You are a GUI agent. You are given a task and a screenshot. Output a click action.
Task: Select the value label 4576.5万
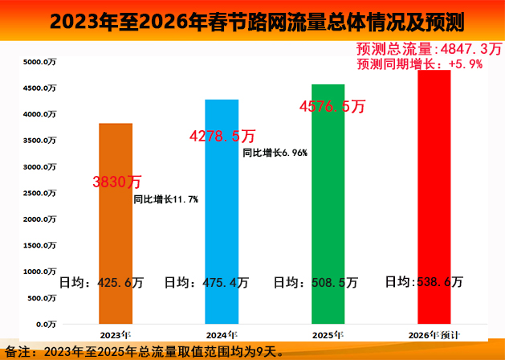click(x=332, y=106)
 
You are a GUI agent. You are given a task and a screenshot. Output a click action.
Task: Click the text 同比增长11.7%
click(x=165, y=198)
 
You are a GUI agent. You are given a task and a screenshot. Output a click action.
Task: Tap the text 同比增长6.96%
click(x=275, y=152)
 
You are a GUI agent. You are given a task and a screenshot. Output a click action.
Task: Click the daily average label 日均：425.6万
click(x=101, y=282)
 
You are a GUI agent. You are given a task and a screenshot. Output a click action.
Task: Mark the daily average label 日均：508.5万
click(x=316, y=282)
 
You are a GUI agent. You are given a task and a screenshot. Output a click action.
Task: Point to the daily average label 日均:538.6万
click(x=424, y=281)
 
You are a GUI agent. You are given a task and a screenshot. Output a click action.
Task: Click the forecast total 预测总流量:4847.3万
click(x=421, y=48)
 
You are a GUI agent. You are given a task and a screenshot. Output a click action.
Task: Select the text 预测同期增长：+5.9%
click(x=419, y=63)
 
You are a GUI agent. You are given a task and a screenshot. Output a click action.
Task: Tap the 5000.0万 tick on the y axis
click(x=39, y=62)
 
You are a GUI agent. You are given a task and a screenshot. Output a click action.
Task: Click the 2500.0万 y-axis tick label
click(x=39, y=193)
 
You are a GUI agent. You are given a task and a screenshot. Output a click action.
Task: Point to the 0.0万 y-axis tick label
click(x=44, y=324)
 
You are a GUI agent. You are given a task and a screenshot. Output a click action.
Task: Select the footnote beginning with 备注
click(x=145, y=350)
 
